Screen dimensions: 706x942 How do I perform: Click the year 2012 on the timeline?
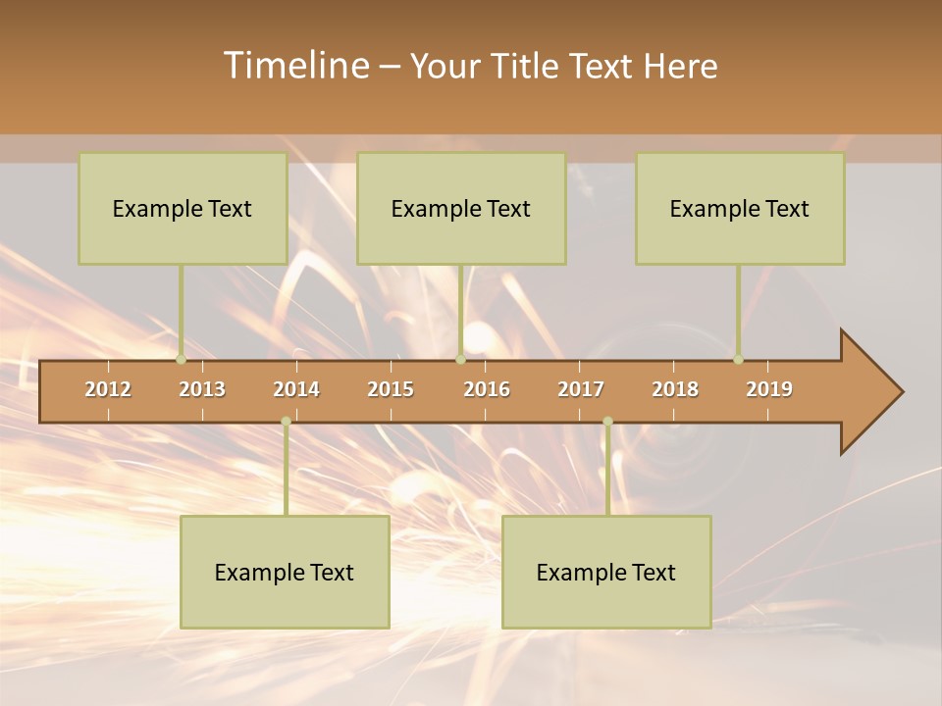click(108, 389)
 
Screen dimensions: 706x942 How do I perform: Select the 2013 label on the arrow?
click(202, 389)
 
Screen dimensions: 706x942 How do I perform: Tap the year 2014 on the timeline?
click(296, 389)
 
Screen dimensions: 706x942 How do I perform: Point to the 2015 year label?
click(391, 389)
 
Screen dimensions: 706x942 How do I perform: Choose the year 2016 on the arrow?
click(487, 389)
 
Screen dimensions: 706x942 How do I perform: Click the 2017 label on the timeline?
click(581, 389)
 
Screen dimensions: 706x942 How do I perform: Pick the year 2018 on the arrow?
click(675, 389)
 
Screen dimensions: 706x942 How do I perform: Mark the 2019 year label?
click(769, 389)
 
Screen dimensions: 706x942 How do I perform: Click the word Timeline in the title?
click(294, 66)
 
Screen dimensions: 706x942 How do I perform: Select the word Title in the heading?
click(526, 67)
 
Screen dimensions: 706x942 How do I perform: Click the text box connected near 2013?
click(183, 208)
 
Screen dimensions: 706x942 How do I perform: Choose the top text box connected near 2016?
click(461, 208)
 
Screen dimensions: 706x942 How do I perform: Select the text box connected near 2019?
click(740, 208)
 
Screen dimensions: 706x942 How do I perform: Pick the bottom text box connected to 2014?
click(285, 572)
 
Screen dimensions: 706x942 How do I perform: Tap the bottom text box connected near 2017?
click(606, 572)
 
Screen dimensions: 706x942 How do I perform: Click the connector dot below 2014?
click(286, 422)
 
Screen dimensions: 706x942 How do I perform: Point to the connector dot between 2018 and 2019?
click(738, 359)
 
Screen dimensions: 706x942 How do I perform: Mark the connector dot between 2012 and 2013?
click(181, 359)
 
